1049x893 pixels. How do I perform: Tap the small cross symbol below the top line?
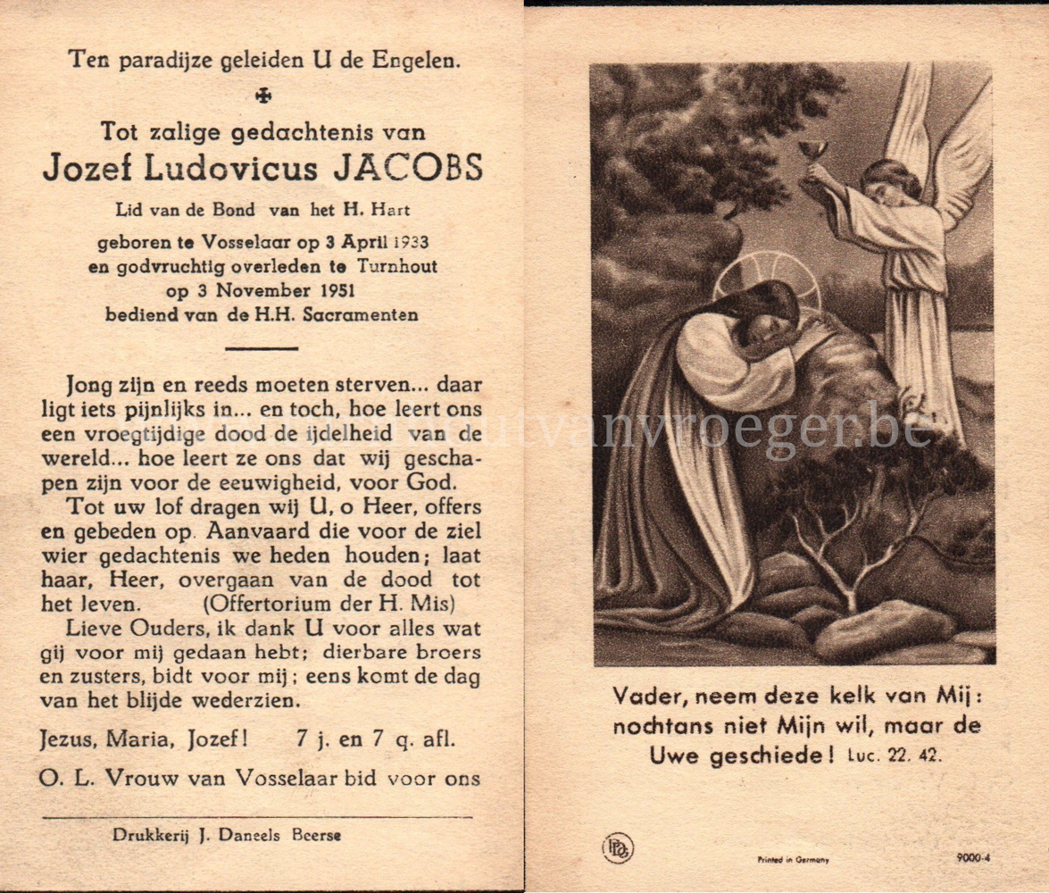tap(262, 96)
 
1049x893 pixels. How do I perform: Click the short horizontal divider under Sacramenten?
tap(262, 347)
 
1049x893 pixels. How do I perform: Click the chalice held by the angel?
tap(812, 151)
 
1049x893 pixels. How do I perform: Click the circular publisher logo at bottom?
tap(617, 847)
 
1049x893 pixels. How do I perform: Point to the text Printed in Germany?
tap(793, 859)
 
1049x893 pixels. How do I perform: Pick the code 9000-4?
tap(972, 858)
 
